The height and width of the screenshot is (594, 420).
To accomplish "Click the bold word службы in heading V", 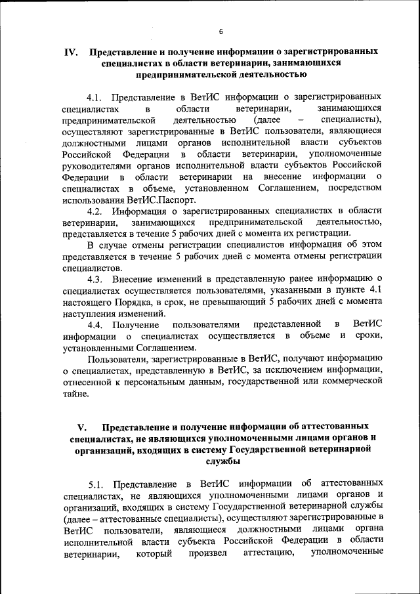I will pyautogui.click(x=221, y=462).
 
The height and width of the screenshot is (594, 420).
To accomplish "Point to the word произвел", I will pyautogui.click(x=208, y=553).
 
